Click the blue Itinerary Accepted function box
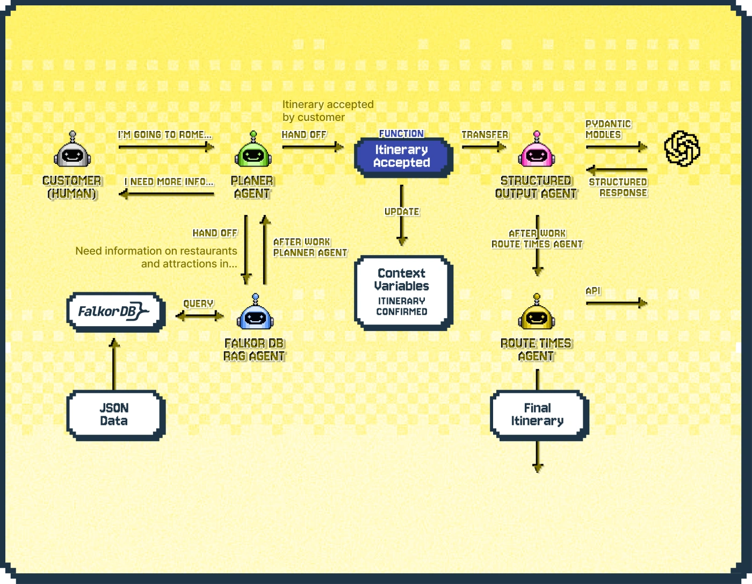[x=402, y=156]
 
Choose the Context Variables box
[x=402, y=292]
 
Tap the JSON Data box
[x=114, y=415]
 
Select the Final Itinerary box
[x=537, y=415]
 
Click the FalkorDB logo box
[x=114, y=312]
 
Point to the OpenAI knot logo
[x=682, y=148]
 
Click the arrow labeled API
[x=616, y=304]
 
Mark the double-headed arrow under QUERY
[x=199, y=316]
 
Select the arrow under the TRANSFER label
[x=483, y=146]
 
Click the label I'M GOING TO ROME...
[x=165, y=135]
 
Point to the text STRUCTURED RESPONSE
[x=618, y=188]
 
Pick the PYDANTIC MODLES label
[x=608, y=129]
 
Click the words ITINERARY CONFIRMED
[x=402, y=306]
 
